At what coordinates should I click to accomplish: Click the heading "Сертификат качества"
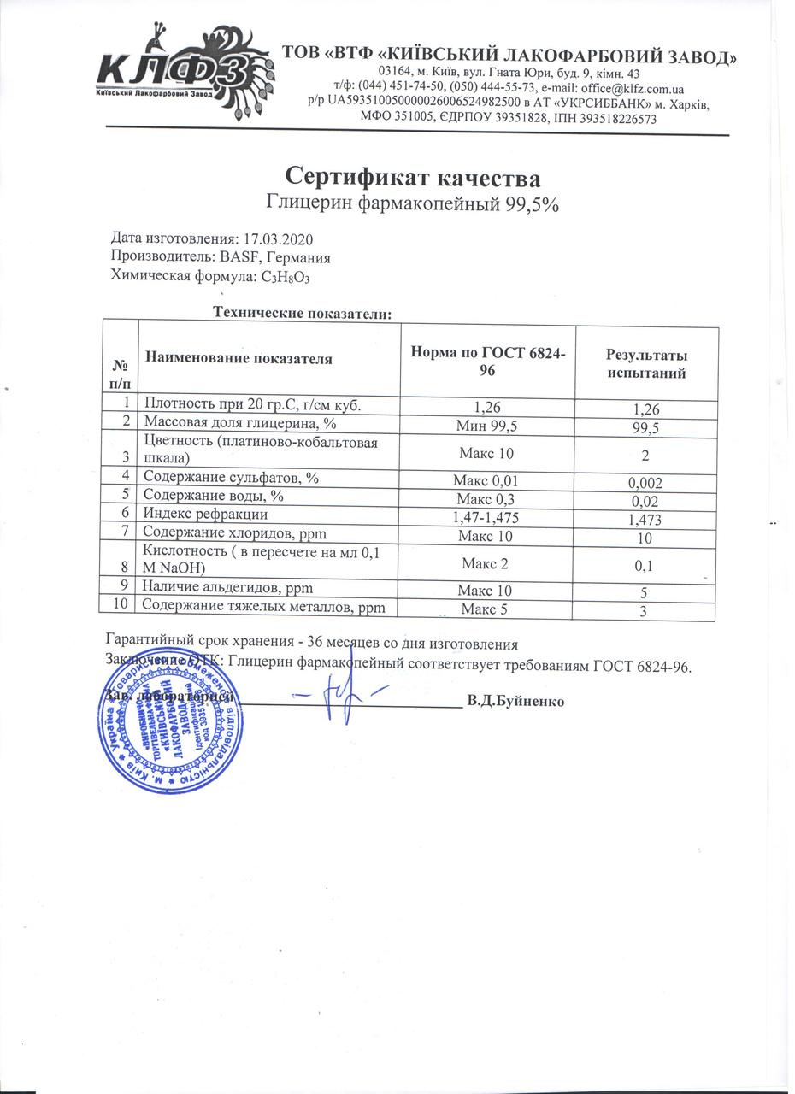(x=413, y=178)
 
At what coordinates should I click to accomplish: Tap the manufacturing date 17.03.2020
(x=285, y=238)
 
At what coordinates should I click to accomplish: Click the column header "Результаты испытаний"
(x=646, y=364)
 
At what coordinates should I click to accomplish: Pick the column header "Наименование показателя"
(x=238, y=359)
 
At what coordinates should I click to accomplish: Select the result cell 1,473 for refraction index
(x=645, y=519)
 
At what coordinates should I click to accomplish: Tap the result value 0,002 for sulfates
(x=645, y=483)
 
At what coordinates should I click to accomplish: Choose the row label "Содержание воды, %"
(x=213, y=496)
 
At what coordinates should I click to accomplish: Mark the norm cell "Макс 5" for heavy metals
(x=485, y=609)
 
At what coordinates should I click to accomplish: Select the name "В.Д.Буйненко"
(x=515, y=701)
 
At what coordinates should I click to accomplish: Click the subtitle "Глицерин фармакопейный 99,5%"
(x=413, y=203)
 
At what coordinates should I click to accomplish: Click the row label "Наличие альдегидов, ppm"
(x=227, y=587)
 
